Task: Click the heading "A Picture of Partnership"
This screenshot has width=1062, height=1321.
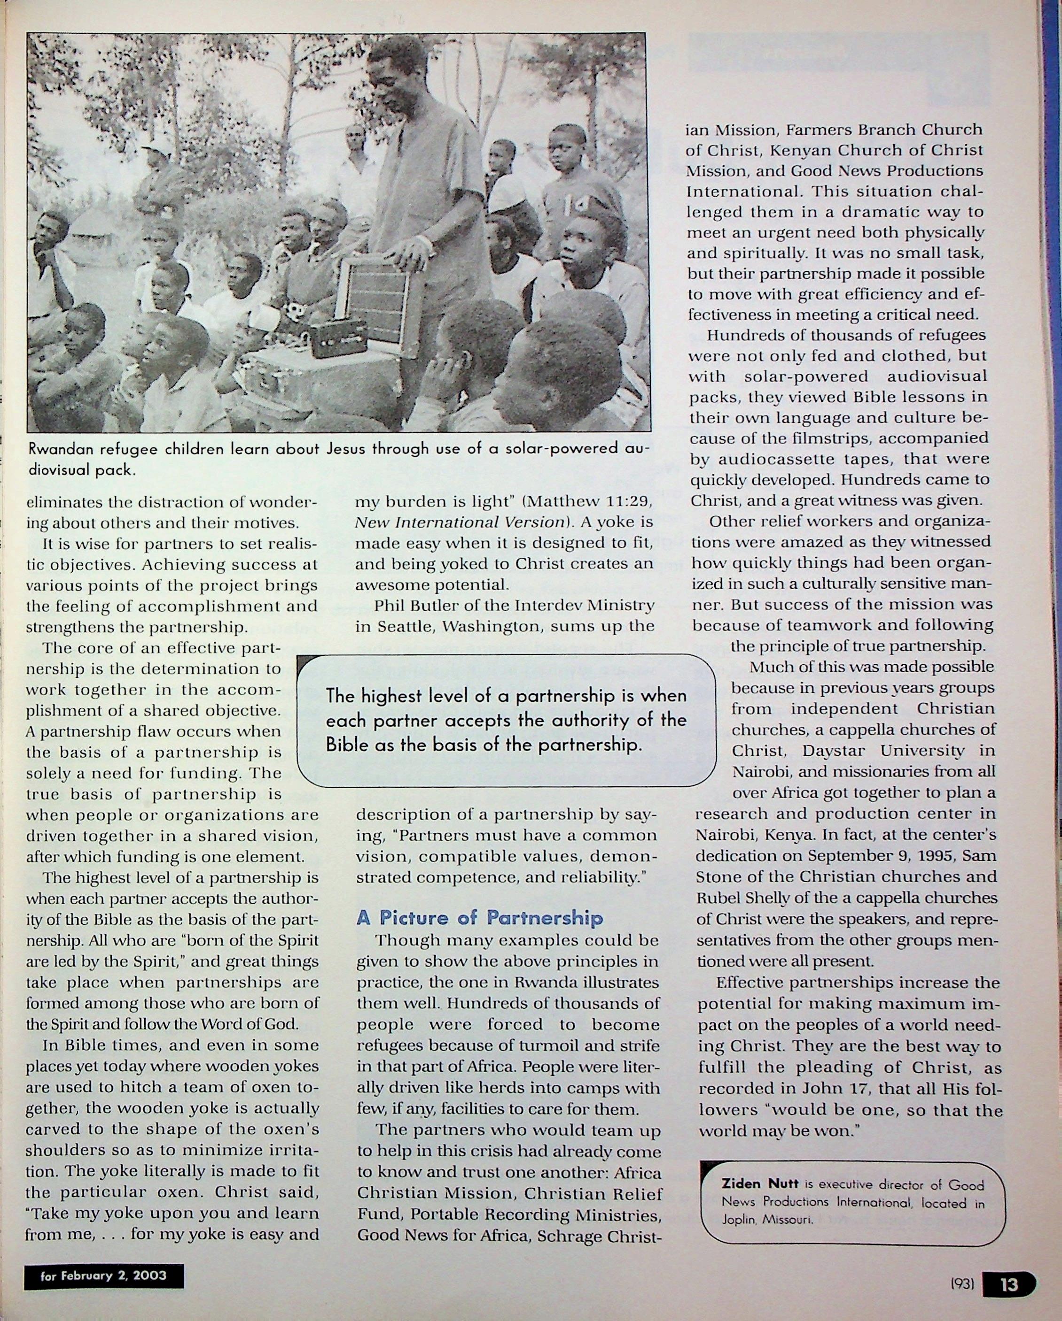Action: pyautogui.click(x=479, y=917)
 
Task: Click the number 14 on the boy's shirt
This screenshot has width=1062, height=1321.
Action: pyautogui.click(x=577, y=203)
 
